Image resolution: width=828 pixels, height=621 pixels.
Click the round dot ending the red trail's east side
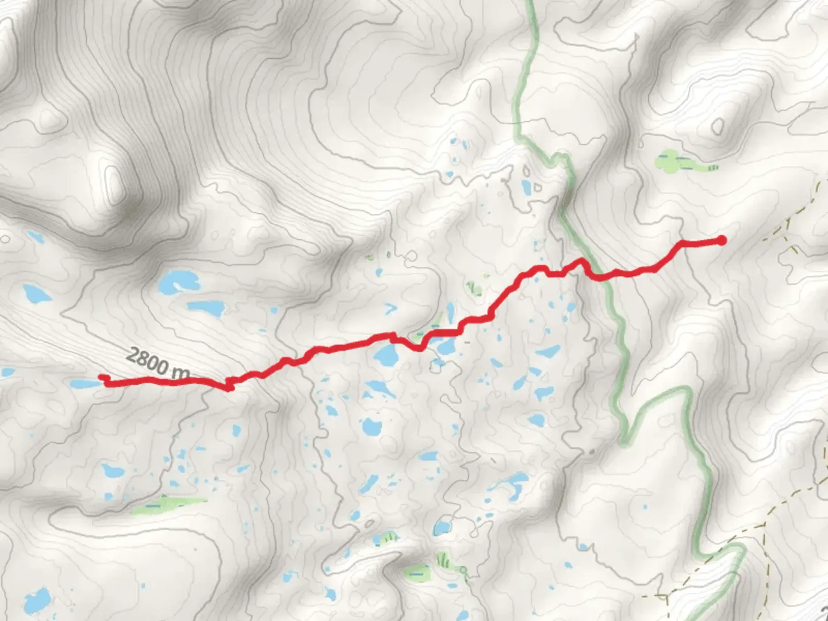[720, 240]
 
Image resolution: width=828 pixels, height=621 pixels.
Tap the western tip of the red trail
[103, 377]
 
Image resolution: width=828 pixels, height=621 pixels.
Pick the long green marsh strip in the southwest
[167, 504]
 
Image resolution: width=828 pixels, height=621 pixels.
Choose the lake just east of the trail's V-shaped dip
[446, 346]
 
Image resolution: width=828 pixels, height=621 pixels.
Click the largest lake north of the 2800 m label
[178, 281]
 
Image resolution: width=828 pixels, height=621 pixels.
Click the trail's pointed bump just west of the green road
[581, 262]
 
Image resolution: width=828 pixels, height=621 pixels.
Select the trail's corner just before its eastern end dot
[683, 243]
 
